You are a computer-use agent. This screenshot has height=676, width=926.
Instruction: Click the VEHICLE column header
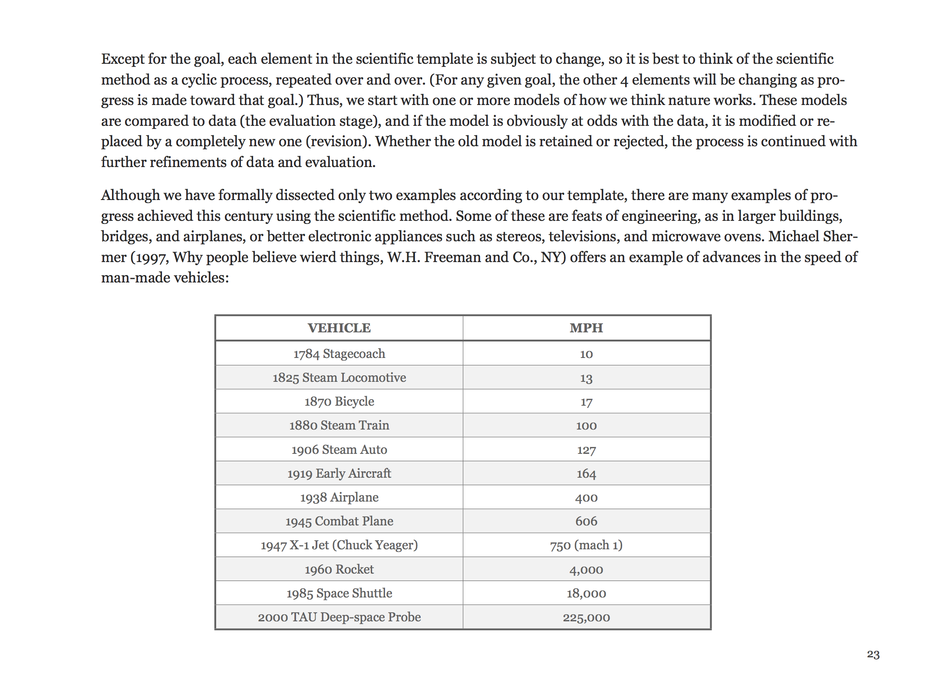coord(339,328)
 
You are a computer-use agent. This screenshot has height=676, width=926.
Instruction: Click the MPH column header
coord(586,328)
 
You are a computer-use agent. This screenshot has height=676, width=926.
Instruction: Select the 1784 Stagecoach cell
coord(339,354)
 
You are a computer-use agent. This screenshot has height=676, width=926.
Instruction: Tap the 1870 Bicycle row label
coord(339,401)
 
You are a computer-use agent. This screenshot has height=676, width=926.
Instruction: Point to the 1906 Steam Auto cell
coord(339,450)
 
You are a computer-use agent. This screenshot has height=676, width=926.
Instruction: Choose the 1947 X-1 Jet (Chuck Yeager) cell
coord(339,545)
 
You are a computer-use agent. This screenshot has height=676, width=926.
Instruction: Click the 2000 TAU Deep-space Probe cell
coord(339,617)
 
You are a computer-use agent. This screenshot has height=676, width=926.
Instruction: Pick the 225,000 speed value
coord(586,617)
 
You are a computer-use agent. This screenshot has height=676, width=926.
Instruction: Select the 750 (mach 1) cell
coord(586,545)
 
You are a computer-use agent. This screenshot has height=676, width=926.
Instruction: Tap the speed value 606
coord(586,521)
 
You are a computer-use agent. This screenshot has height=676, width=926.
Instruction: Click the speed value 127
coord(586,450)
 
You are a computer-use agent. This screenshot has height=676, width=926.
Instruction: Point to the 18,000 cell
coord(586,593)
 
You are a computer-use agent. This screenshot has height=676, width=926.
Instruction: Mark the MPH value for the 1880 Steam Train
coord(586,426)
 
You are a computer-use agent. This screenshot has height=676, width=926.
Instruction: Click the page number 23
coord(873,654)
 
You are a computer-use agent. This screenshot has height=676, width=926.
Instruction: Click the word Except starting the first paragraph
coord(122,59)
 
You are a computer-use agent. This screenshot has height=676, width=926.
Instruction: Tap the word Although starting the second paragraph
coord(130,195)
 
